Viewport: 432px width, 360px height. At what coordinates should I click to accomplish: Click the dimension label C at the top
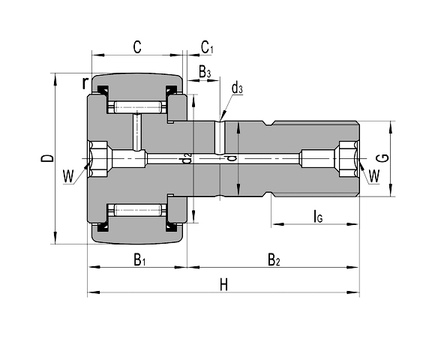137,46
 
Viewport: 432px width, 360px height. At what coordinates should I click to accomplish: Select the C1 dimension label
207,48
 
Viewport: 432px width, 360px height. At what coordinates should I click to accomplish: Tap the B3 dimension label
204,72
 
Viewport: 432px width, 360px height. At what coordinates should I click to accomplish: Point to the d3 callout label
236,89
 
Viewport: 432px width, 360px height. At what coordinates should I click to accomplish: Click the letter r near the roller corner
86,82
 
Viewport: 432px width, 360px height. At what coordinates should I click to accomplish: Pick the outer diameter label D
46,158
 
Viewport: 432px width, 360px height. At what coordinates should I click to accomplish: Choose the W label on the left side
69,177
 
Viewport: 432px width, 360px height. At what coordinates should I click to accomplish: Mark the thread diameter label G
382,158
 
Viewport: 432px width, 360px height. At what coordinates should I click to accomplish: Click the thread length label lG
317,217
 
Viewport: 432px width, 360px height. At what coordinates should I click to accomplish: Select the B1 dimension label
139,260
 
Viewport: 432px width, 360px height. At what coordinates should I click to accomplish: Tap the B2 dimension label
274,260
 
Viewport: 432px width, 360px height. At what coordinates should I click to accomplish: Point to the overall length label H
223,284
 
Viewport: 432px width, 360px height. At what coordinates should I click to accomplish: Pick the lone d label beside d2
231,158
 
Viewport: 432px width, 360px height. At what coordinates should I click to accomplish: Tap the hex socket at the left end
100,158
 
